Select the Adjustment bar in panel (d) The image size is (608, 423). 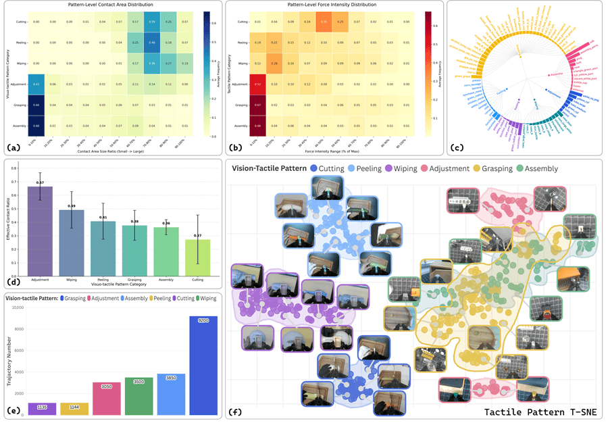coord(40,230)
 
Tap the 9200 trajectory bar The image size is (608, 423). coord(204,365)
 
